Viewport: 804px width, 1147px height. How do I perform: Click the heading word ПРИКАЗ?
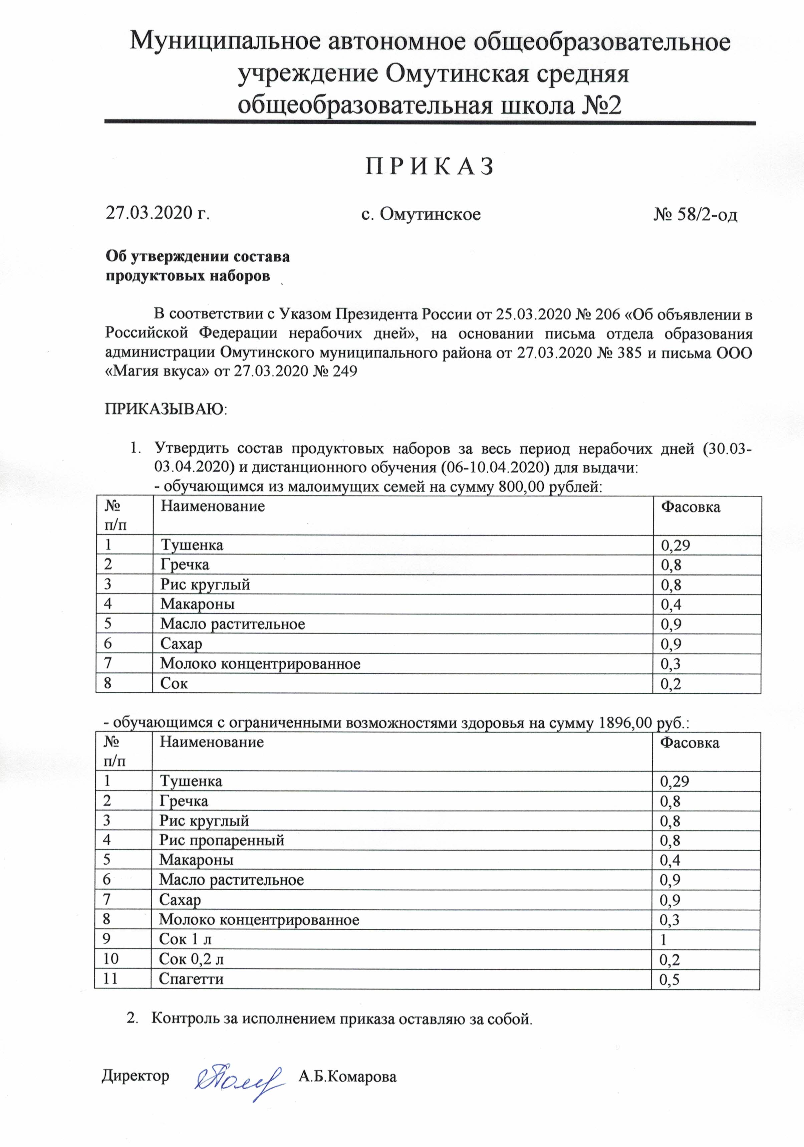tap(430, 166)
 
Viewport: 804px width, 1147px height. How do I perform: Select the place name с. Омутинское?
tap(421, 214)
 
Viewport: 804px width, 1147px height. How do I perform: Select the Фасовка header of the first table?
tap(691, 507)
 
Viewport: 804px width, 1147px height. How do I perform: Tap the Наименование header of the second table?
tap(211, 742)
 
